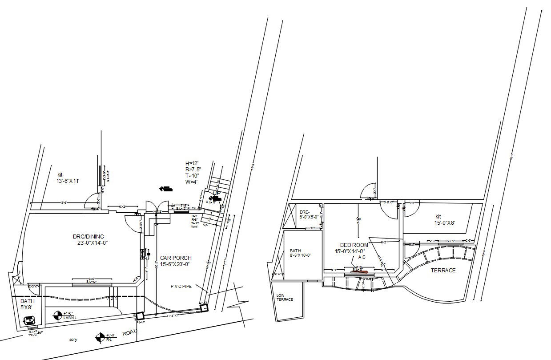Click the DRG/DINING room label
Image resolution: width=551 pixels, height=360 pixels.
tap(93, 239)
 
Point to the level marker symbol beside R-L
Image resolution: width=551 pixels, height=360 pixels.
tap(100, 338)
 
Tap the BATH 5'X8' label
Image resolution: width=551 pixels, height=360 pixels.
tap(26, 304)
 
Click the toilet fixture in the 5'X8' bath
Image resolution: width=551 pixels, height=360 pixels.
tap(29, 320)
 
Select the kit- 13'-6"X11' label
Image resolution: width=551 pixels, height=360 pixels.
tap(68, 178)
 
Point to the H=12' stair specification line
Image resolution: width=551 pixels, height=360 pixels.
tap(193, 163)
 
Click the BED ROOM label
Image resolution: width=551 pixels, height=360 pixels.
tap(354, 248)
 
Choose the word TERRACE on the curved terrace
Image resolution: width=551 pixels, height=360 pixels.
tap(442, 270)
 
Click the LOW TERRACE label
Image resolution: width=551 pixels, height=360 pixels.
tap(285, 298)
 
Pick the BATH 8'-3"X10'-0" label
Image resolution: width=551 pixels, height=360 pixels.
tap(300, 253)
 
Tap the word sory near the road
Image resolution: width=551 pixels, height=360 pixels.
tap(73, 340)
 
